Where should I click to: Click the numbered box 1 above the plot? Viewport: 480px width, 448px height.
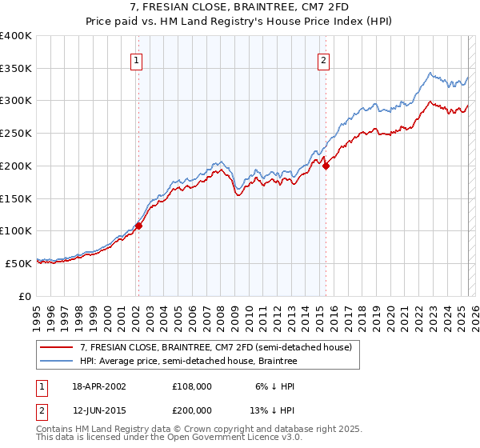tap(137, 60)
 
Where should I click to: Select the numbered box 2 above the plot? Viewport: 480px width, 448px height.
tap(324, 60)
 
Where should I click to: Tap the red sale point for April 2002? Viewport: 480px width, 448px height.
tap(138, 226)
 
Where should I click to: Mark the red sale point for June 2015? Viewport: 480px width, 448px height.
tap(326, 166)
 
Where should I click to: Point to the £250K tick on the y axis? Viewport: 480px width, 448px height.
tap(16, 134)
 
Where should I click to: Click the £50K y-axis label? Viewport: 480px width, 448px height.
tap(18, 263)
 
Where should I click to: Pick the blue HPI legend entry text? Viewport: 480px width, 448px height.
tap(188, 362)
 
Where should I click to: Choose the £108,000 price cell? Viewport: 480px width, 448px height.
tap(192, 386)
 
